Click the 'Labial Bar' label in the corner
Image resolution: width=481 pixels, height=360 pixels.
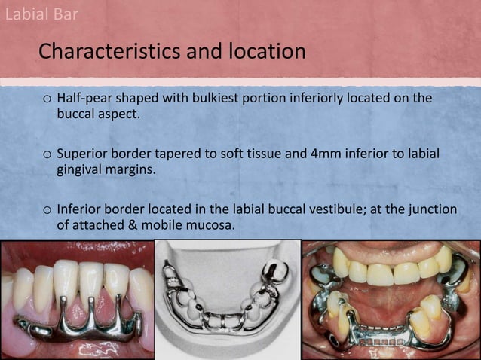pyautogui.click(x=41, y=14)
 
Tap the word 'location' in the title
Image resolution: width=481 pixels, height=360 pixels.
pyautogui.click(x=263, y=52)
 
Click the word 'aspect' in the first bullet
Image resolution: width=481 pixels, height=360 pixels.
pyautogui.click(x=116, y=114)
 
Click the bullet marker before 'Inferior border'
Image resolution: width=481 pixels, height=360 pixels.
pyautogui.click(x=47, y=210)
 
